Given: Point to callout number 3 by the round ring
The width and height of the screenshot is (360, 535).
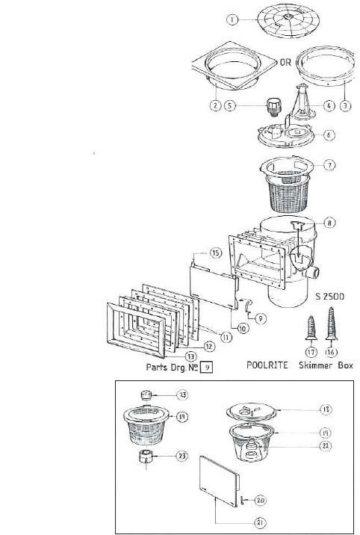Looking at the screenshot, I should (x=345, y=105).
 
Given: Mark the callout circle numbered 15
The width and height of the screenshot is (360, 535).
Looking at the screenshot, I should (x=216, y=253).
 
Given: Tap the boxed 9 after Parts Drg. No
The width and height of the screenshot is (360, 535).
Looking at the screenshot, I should (x=209, y=367).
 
